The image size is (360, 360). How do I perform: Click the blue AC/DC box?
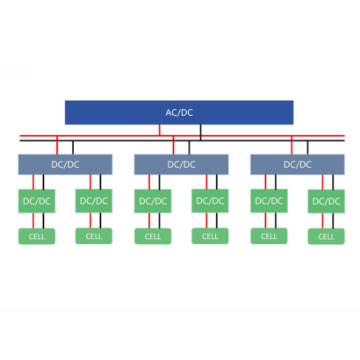(x=179, y=112)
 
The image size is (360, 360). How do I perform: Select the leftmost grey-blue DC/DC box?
(x=65, y=164)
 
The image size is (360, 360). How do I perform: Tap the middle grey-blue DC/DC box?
(x=182, y=164)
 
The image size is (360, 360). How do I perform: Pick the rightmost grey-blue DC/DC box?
(x=298, y=164)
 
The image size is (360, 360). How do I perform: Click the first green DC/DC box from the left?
(x=37, y=201)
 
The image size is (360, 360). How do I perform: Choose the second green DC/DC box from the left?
(x=94, y=201)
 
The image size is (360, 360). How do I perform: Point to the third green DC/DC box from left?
(x=153, y=201)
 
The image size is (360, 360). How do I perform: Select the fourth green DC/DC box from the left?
(x=210, y=201)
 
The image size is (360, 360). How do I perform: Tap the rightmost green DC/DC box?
(x=327, y=201)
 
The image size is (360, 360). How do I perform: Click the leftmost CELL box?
(x=37, y=236)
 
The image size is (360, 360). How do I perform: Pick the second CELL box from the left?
(x=94, y=236)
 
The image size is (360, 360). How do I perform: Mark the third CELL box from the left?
(x=153, y=236)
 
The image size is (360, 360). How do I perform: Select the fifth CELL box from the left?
(x=269, y=236)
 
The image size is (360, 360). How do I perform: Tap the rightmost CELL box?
(x=327, y=236)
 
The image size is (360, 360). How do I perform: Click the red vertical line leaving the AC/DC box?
(x=160, y=130)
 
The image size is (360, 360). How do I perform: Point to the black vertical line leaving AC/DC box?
(x=200, y=133)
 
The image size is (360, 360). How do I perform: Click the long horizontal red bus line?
(x=182, y=136)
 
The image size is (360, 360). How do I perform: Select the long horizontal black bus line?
(x=182, y=140)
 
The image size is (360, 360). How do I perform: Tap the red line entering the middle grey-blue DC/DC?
(x=173, y=145)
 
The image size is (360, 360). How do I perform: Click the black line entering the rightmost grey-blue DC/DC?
(x=307, y=148)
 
